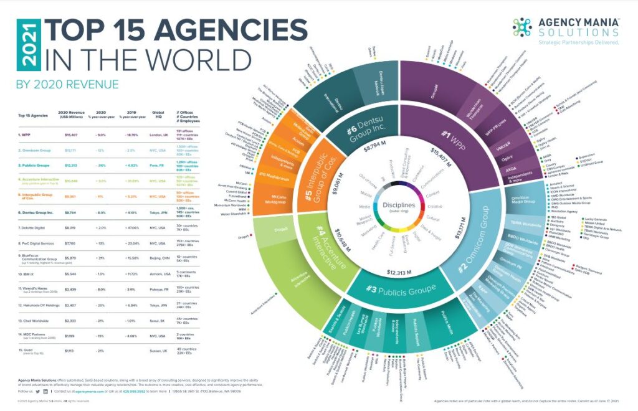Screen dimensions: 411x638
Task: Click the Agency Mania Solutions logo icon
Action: tap(521, 27)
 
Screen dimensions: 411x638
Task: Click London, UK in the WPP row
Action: tap(158, 134)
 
